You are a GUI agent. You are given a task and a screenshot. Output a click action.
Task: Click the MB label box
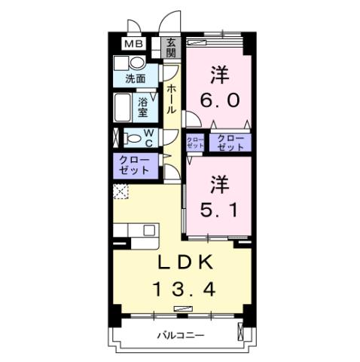tap(133, 44)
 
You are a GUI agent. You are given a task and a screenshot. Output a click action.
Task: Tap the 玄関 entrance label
tap(171, 48)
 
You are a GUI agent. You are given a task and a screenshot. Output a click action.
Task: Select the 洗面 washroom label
tap(136, 78)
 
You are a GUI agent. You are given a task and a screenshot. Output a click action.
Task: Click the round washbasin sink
tap(122, 63)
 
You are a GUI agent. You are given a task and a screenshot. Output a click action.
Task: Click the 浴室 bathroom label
tap(144, 106)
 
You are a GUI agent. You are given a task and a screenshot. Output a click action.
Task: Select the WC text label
tap(148, 137)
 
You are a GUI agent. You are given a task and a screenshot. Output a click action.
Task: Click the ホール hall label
tap(172, 99)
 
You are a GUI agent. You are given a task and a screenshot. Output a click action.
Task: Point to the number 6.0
tap(218, 89)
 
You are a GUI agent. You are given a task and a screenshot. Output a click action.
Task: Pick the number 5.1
tap(218, 196)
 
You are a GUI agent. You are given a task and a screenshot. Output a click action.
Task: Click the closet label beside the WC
tap(136, 164)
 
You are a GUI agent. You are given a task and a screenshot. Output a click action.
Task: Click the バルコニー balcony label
tap(181, 334)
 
